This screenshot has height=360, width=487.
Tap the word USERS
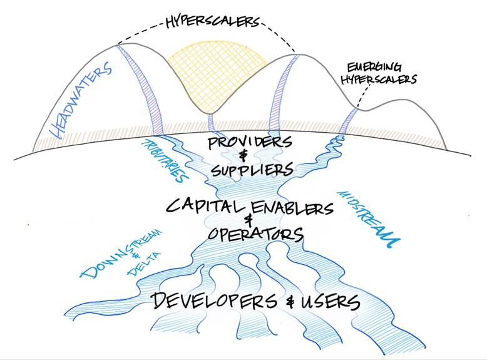coord(328,302)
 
